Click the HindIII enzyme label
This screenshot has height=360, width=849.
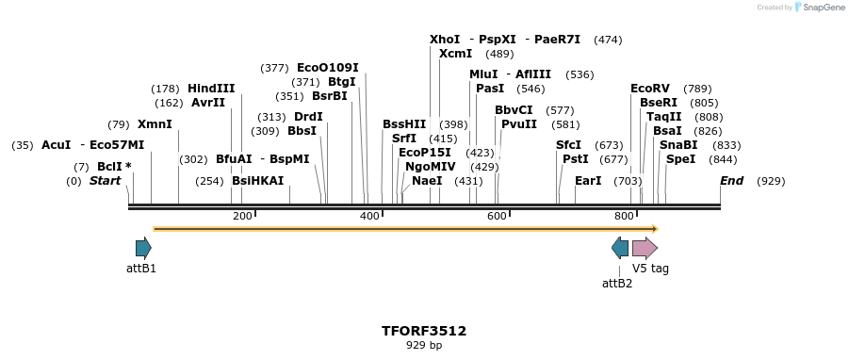click(x=211, y=89)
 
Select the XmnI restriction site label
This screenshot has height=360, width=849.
click(x=155, y=124)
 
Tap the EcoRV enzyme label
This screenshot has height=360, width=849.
click(x=649, y=89)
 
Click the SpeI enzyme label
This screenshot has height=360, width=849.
click(x=680, y=159)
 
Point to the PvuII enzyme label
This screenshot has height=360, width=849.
click(x=519, y=124)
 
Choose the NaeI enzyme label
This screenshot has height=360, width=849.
click(x=427, y=181)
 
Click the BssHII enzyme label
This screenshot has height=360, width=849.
click(x=404, y=124)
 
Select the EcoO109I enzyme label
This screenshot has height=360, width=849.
click(x=328, y=68)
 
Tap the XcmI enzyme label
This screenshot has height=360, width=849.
click(x=455, y=54)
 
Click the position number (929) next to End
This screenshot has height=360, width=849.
click(x=771, y=181)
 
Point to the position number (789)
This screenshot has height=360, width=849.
click(x=697, y=89)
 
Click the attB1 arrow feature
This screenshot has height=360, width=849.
click(x=143, y=248)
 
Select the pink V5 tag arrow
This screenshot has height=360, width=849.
click(x=645, y=248)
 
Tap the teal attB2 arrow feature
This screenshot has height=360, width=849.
click(x=620, y=248)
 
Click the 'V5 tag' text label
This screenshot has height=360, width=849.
click(x=650, y=269)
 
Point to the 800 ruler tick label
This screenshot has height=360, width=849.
click(x=623, y=216)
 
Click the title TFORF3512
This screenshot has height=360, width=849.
click(x=424, y=331)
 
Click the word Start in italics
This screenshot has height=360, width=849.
click(x=106, y=181)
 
